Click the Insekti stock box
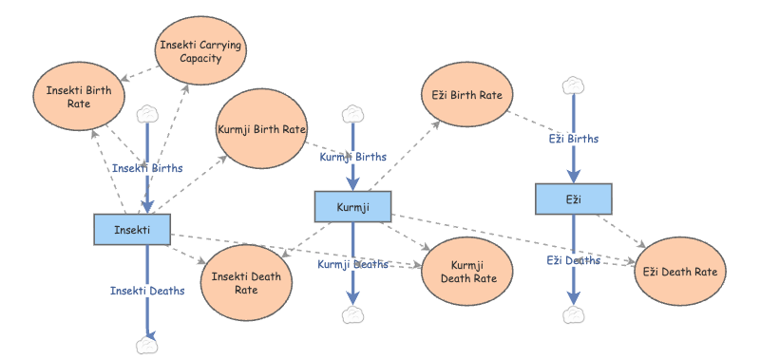coord(132,229)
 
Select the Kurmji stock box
coord(352,207)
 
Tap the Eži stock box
coord(574,199)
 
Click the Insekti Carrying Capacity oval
coord(200,51)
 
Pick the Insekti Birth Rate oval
coord(79,97)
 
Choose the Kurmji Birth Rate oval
coord(262,129)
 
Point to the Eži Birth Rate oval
coord(467,94)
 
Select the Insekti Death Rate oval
coord(246,283)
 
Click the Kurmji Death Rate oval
coord(467,272)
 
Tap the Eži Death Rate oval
coord(680,272)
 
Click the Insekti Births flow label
coord(147,168)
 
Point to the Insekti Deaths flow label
coord(147,291)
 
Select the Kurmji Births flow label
coord(352,157)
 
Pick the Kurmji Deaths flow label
coord(352,264)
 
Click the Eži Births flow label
coord(574,139)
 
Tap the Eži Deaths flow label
coord(574,260)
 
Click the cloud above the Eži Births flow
coord(574,85)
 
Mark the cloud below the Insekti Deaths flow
coord(147,345)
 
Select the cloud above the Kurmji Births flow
coord(352,114)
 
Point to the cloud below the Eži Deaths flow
coord(574,315)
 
